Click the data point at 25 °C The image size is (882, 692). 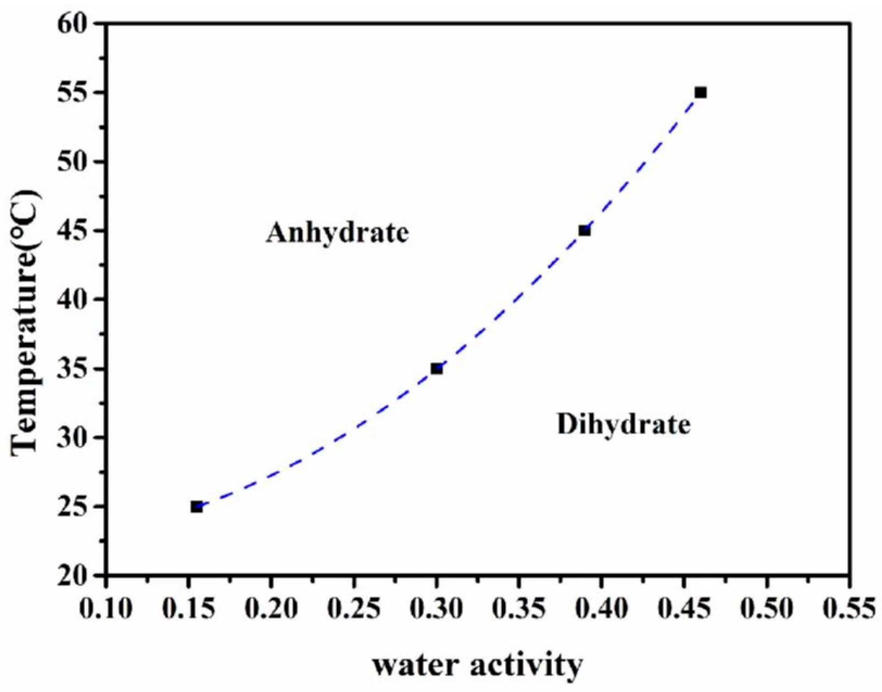click(x=197, y=507)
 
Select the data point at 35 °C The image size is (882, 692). click(x=437, y=369)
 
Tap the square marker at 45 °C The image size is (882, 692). click(x=584, y=231)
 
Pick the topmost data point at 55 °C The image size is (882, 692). click(x=701, y=93)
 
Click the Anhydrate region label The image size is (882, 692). click(x=337, y=233)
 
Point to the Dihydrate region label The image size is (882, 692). click(x=623, y=424)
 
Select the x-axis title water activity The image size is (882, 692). click(x=477, y=665)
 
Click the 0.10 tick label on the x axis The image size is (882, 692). click(x=106, y=609)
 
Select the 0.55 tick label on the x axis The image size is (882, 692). click(x=848, y=609)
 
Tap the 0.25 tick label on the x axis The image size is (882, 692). click(x=354, y=609)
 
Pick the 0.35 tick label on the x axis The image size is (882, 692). click(x=519, y=609)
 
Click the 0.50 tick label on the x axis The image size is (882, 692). click(x=766, y=609)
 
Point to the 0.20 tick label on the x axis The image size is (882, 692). click(x=271, y=609)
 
